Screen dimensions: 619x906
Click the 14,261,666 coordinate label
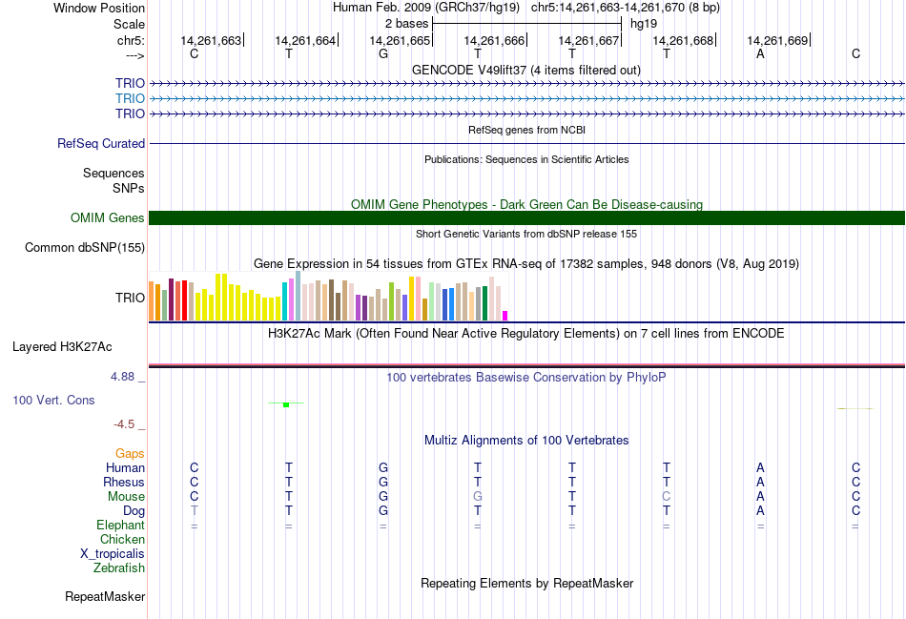tap(494, 40)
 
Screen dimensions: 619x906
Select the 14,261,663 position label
tap(211, 40)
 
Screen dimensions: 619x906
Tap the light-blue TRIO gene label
tap(130, 98)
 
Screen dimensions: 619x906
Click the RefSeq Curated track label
tap(101, 144)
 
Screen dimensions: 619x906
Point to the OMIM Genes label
tap(108, 218)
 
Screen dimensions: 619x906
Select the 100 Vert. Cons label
tap(53, 401)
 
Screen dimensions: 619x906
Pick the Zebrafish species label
tap(119, 568)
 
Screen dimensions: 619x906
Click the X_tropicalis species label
tap(113, 554)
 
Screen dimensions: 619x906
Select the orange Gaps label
tap(130, 454)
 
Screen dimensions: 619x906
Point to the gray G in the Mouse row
tap(478, 497)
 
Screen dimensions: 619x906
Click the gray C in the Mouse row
tap(667, 497)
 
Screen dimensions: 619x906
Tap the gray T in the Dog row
tap(195, 511)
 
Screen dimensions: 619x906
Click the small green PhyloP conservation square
tap(286, 405)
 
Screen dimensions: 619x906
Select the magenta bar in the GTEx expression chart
tap(505, 316)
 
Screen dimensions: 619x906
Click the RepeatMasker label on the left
tap(105, 597)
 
